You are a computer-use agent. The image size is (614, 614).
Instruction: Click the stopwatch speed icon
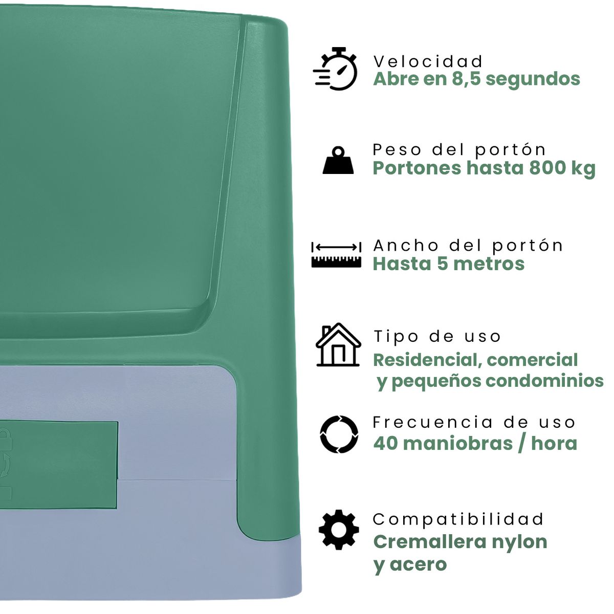tap(335, 69)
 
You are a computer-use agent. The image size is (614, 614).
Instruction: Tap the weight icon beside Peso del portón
tap(338, 160)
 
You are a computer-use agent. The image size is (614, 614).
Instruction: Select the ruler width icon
tap(336, 254)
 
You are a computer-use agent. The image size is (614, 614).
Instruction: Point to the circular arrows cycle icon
tap(339, 434)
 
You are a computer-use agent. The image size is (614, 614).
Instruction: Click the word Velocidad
tap(428, 61)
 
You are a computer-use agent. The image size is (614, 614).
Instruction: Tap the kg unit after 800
tap(583, 169)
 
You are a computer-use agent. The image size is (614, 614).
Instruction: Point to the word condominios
tap(545, 381)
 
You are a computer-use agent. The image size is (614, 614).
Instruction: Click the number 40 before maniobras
tap(385, 443)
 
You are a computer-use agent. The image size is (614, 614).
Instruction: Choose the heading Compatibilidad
tap(458, 519)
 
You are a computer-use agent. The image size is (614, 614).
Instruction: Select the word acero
tap(418, 564)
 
